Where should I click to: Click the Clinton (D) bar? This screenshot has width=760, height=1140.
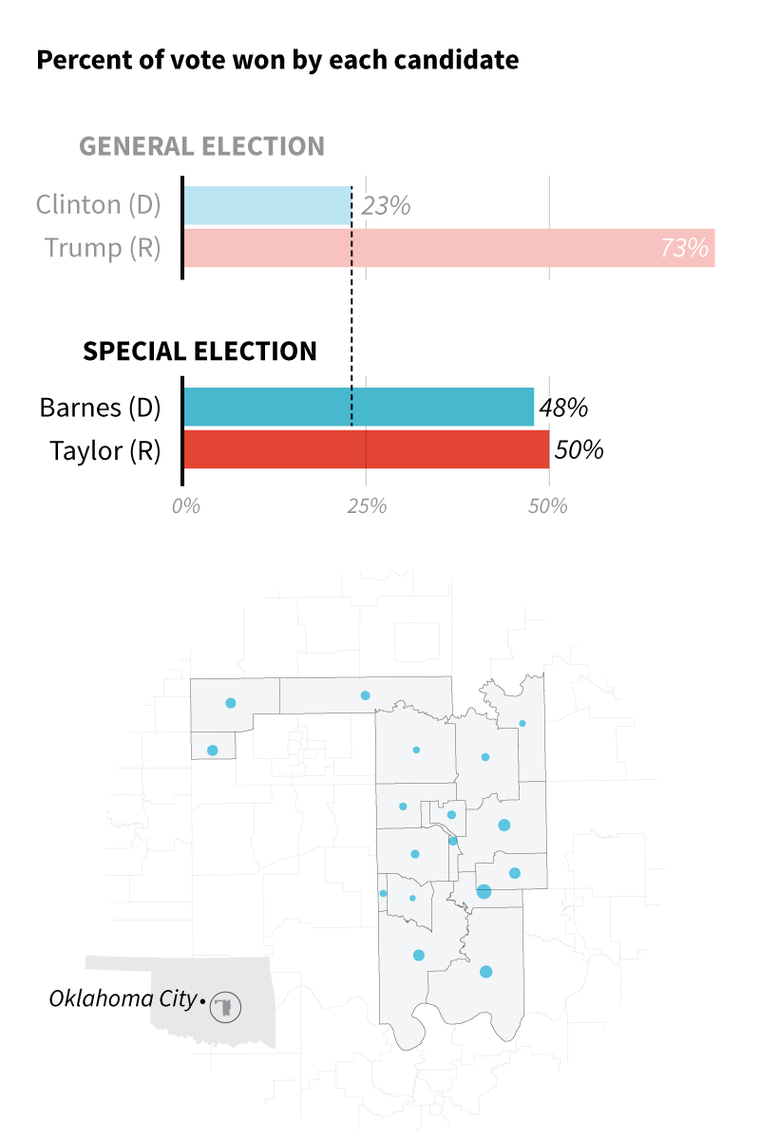click(267, 205)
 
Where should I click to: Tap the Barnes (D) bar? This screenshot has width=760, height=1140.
click(358, 407)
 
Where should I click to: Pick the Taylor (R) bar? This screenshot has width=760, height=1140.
click(366, 449)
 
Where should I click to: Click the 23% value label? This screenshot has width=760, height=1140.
click(386, 205)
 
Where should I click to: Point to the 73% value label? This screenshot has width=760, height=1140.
click(684, 249)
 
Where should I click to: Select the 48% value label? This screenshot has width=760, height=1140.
click(563, 408)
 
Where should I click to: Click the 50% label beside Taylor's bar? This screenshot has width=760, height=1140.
click(579, 449)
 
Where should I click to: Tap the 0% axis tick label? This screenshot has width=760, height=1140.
click(186, 506)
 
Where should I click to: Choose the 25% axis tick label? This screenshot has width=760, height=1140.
click(367, 506)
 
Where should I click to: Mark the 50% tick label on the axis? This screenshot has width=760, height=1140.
click(548, 506)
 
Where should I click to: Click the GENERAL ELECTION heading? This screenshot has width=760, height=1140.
click(201, 146)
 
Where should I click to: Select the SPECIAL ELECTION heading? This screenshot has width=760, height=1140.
click(199, 351)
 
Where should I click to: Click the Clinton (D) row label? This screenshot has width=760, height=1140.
click(98, 204)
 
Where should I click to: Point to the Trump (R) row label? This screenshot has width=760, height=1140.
click(103, 248)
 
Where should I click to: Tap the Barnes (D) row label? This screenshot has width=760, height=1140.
click(100, 408)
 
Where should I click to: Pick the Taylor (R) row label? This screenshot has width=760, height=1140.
click(104, 449)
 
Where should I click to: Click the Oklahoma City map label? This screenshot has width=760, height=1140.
click(123, 999)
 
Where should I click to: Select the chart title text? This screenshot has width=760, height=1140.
click(277, 61)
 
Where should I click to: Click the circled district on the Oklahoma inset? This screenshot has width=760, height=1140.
click(226, 1006)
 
